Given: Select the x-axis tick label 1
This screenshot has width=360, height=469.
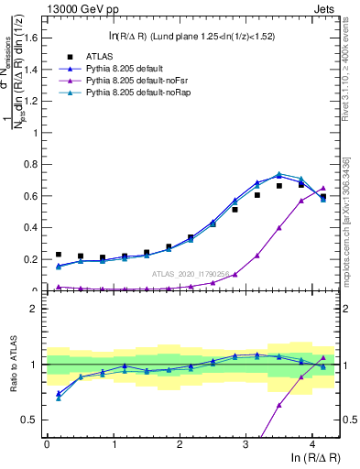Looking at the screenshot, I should tap(114, 442).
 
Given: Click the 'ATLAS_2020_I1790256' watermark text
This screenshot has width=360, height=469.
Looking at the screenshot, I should tap(190, 274).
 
